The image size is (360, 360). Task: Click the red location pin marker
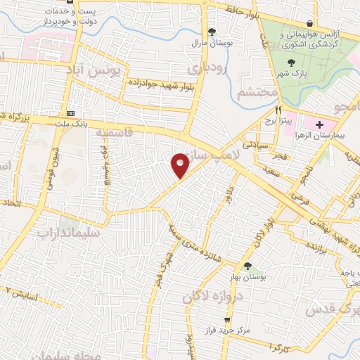tap(180, 165)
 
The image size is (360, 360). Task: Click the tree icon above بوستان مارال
tap(212, 31)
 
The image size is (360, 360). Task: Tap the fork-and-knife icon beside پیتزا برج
tap(278, 110)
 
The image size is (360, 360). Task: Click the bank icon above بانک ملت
tap(70, 113)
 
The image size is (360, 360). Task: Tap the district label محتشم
tap(253, 93)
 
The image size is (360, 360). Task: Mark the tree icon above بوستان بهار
tap(247, 265)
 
